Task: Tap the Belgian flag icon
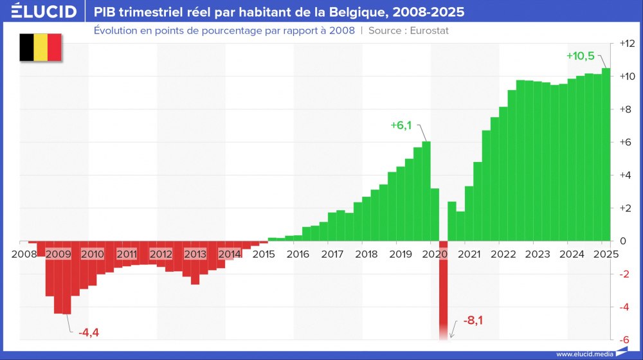40,48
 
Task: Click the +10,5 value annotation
580,56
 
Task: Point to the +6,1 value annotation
401,125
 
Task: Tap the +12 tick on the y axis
627,44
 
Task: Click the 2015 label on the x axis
264,254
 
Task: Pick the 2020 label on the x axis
435,254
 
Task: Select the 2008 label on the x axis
24,254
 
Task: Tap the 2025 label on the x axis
606,254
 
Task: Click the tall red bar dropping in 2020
443,289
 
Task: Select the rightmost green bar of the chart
606,154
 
